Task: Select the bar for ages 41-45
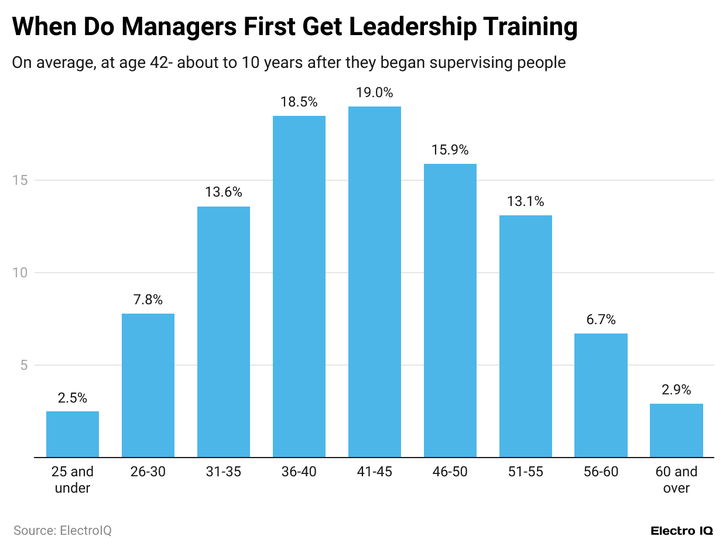(x=375, y=281)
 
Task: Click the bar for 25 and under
(x=73, y=434)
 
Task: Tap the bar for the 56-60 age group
(x=601, y=396)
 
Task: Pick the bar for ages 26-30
(x=148, y=385)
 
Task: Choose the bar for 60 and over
(x=676, y=431)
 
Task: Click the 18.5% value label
(x=299, y=102)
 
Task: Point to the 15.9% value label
(x=450, y=150)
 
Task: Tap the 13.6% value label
(x=223, y=192)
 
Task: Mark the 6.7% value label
(x=601, y=319)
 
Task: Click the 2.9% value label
(x=676, y=390)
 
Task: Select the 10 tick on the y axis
(x=22, y=273)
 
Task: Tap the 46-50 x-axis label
(x=450, y=472)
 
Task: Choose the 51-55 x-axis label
(x=525, y=472)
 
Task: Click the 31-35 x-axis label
(x=223, y=472)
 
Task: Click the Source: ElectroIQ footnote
(x=62, y=531)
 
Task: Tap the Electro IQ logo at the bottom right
(x=682, y=531)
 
